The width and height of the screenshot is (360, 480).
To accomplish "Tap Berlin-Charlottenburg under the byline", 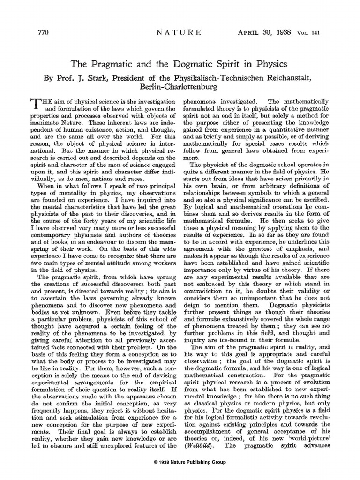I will coord(180,87).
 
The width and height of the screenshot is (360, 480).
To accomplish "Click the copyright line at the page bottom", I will coord(180,462).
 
